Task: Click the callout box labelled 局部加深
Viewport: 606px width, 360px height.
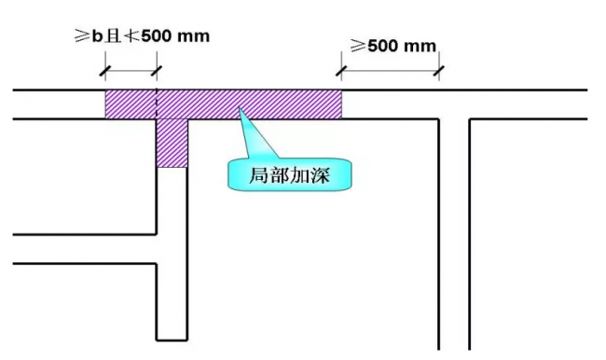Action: coord(289,174)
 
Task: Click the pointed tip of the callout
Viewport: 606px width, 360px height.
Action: coord(240,111)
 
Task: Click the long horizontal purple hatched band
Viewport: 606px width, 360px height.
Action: coord(224,104)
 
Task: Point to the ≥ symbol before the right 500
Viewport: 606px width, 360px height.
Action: coord(358,44)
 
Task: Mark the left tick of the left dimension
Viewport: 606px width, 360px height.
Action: coord(105,67)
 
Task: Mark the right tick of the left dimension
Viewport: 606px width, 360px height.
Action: coord(158,67)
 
